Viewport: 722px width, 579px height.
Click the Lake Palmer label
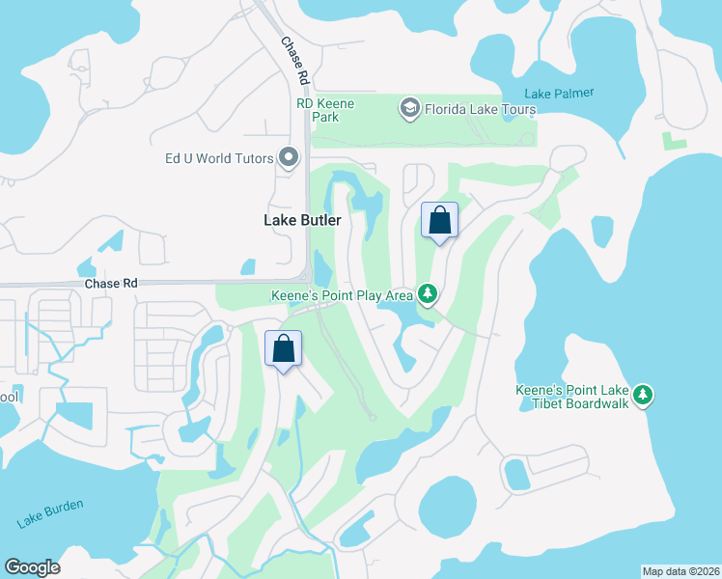point(559,94)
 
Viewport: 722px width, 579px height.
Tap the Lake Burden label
point(50,513)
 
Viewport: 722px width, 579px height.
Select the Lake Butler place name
point(302,220)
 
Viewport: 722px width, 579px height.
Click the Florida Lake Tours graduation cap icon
point(410,109)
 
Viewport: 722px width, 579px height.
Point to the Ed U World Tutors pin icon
point(288,157)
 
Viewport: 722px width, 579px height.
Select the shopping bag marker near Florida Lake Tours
point(439,220)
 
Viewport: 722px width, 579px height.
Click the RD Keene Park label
point(325,110)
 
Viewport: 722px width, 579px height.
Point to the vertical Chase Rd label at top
point(292,60)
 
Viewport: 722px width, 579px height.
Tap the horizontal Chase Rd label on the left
point(111,284)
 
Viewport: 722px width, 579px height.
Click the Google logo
point(32,567)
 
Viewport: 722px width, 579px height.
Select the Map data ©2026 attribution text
point(680,571)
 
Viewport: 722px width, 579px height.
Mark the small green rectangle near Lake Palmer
point(674,142)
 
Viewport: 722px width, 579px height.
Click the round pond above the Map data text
point(447,508)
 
